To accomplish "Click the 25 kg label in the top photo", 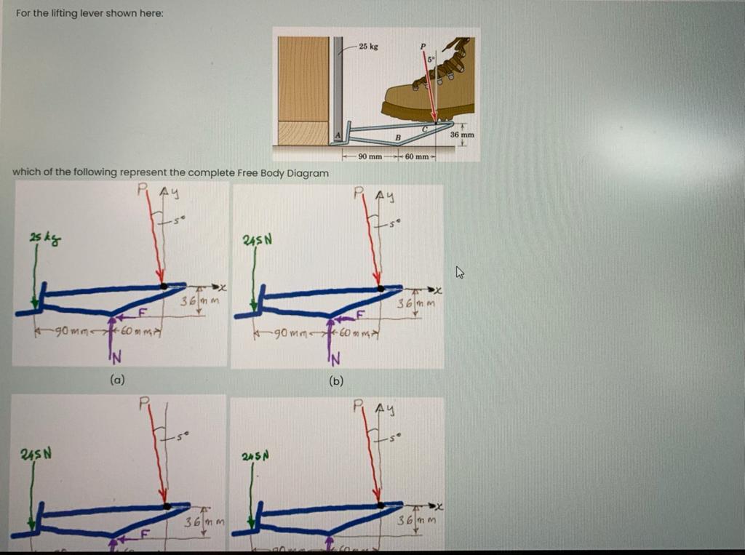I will (x=370, y=47).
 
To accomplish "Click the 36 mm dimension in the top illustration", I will (x=461, y=135).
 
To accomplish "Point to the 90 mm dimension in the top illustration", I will (x=370, y=158).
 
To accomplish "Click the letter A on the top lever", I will (x=338, y=135).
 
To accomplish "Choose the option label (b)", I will (x=336, y=380).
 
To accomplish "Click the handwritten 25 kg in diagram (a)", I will (x=39, y=238).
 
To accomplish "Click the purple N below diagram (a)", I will (x=115, y=356).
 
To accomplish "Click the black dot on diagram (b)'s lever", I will (x=379, y=288).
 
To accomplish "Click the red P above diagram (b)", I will (x=358, y=193).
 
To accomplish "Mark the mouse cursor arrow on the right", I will (x=459, y=273).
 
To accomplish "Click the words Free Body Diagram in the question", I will (x=283, y=172).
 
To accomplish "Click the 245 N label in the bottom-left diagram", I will (x=37, y=456).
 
